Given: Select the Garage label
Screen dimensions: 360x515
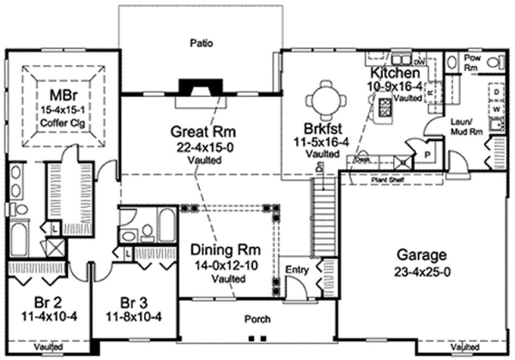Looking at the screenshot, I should coord(421,255).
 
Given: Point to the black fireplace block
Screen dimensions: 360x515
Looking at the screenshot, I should coord(201,86).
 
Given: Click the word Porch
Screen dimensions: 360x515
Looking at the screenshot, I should coord(257,319).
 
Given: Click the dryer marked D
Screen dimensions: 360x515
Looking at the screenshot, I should coord(496,93).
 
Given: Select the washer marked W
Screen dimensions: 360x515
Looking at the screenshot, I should coord(496,109).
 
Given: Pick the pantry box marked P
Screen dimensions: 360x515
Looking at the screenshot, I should coord(427,153).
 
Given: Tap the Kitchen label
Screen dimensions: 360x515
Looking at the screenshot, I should coord(395,73).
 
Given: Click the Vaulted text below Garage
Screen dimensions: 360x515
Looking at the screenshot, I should coord(466,346).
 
